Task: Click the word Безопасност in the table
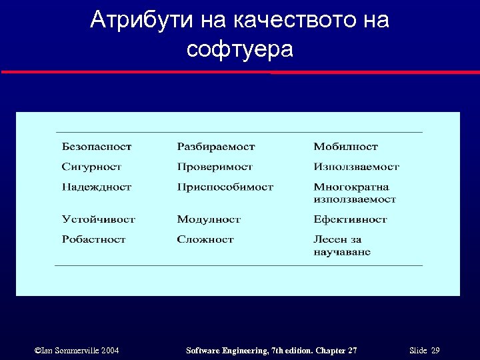97,147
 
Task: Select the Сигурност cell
91,167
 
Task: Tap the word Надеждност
97,187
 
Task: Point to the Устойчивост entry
99,219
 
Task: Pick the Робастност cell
93,239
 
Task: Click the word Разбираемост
216,147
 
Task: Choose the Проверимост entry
215,167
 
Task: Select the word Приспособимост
225,187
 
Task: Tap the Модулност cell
209,219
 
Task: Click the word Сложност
205,239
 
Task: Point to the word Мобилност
345,147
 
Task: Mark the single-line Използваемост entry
356,167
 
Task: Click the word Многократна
351,187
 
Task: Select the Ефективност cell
350,219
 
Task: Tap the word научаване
342,252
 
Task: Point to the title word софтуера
240,49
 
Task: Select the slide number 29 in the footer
435,351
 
